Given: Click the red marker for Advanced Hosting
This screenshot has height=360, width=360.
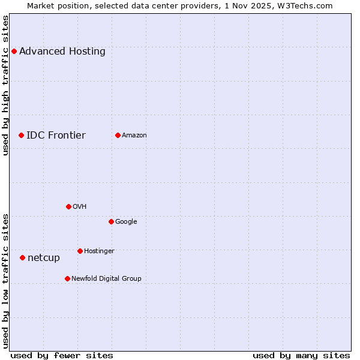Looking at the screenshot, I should click(14, 51).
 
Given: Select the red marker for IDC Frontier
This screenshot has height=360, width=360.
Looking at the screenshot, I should click(21, 135).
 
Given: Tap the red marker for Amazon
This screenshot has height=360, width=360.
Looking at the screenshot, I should click(118, 135).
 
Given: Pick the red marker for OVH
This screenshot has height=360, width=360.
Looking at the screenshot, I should click(68, 206).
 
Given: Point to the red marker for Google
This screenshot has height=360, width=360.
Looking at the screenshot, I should click(111, 221).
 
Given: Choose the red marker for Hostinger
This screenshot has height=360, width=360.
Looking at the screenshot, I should click(80, 251).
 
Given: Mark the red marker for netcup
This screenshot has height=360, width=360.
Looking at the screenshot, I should click(22, 257).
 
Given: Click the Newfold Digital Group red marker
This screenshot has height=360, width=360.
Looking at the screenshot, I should click(67, 278).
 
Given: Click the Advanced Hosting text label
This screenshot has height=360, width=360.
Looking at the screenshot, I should click(62, 51).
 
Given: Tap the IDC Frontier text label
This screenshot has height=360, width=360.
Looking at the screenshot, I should click(56, 135).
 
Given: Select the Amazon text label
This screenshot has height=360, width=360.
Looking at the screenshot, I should click(134, 135).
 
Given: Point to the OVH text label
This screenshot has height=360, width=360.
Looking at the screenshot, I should click(80, 206).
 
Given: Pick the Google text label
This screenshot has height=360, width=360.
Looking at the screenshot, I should click(126, 221).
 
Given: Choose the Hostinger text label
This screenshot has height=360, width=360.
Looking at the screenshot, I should click(99, 251).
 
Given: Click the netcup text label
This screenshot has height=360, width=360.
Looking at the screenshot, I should click(44, 257).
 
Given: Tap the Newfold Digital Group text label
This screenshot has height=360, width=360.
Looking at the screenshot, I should click(106, 278).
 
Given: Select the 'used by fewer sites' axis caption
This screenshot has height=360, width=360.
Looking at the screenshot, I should click(62, 355).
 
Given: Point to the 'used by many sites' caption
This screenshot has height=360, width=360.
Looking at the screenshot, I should click(301, 355).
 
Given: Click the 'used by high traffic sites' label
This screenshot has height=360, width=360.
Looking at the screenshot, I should click(5, 85).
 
